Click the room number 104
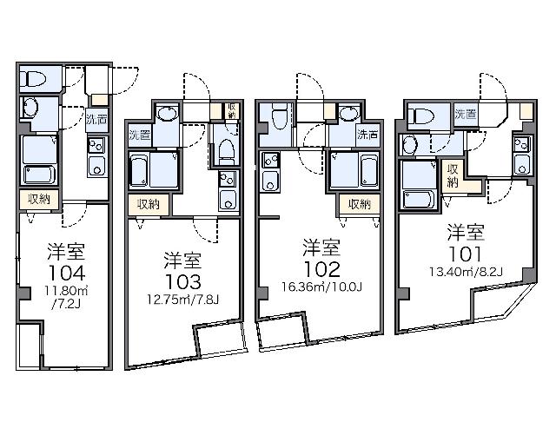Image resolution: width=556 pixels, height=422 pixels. click(67, 274)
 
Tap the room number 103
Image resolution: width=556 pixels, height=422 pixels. click(183, 282)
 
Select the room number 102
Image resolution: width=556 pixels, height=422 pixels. click(321, 269)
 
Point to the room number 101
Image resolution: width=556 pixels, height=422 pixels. click(466, 254)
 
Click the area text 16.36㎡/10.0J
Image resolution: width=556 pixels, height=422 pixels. click(321, 287)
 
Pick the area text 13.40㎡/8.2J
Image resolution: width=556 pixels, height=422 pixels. click(466, 272)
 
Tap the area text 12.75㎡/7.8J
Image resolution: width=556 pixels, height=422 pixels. click(183, 300)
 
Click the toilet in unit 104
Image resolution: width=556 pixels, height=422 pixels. click(33, 78)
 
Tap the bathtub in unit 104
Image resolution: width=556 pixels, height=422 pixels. click(39, 175)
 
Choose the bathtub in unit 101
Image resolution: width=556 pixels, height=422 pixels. click(419, 200)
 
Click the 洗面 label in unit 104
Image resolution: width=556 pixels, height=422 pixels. click(96, 120)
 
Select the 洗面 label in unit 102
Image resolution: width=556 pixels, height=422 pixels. click(367, 135)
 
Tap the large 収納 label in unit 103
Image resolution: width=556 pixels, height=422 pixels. click(149, 204)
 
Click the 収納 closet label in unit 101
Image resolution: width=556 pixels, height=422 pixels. click(453, 175)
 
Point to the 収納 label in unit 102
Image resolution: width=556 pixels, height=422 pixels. click(359, 204)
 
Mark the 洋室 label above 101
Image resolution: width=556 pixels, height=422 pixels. click(466, 232)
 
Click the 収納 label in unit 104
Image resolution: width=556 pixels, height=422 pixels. click(39, 199)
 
